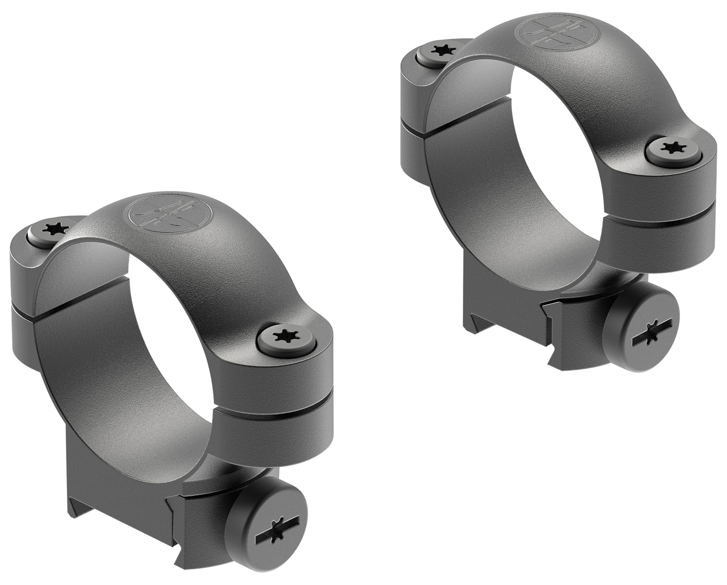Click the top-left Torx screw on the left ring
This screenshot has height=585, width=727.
tap(52, 230)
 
